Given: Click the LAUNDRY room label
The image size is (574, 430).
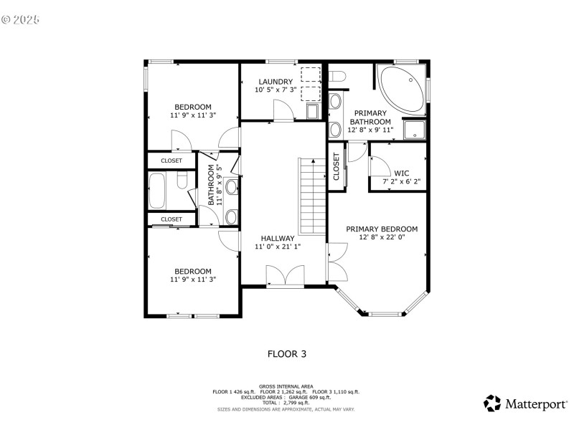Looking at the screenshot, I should (276, 82).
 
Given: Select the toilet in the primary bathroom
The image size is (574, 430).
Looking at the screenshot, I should (337, 76).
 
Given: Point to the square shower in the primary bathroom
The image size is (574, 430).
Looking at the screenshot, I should (414, 130).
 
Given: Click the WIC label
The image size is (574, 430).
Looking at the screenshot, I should (402, 173).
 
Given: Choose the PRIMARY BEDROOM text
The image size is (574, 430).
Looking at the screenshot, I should (382, 229).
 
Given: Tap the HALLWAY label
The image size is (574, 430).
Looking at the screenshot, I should (278, 238).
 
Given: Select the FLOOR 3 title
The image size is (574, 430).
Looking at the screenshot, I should (287, 353).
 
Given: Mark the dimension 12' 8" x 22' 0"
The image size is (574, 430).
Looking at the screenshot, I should (382, 238).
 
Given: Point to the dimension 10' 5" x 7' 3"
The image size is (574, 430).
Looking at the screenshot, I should (276, 90).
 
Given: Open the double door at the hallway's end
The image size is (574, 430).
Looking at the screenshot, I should (285, 276).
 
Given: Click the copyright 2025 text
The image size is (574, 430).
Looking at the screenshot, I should (21, 19).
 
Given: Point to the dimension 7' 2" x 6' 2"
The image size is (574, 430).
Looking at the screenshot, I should (402, 182).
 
